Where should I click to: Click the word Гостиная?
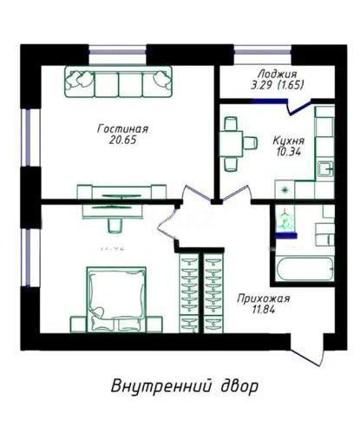click(116, 127)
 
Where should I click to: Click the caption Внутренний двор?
click(184, 384)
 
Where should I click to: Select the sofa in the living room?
click(117, 82)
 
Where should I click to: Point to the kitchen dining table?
click(230, 142)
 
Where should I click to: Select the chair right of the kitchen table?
click(249, 142)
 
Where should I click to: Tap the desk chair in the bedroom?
click(115, 225)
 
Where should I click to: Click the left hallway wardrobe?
click(187, 292)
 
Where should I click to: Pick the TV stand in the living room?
click(121, 192)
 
